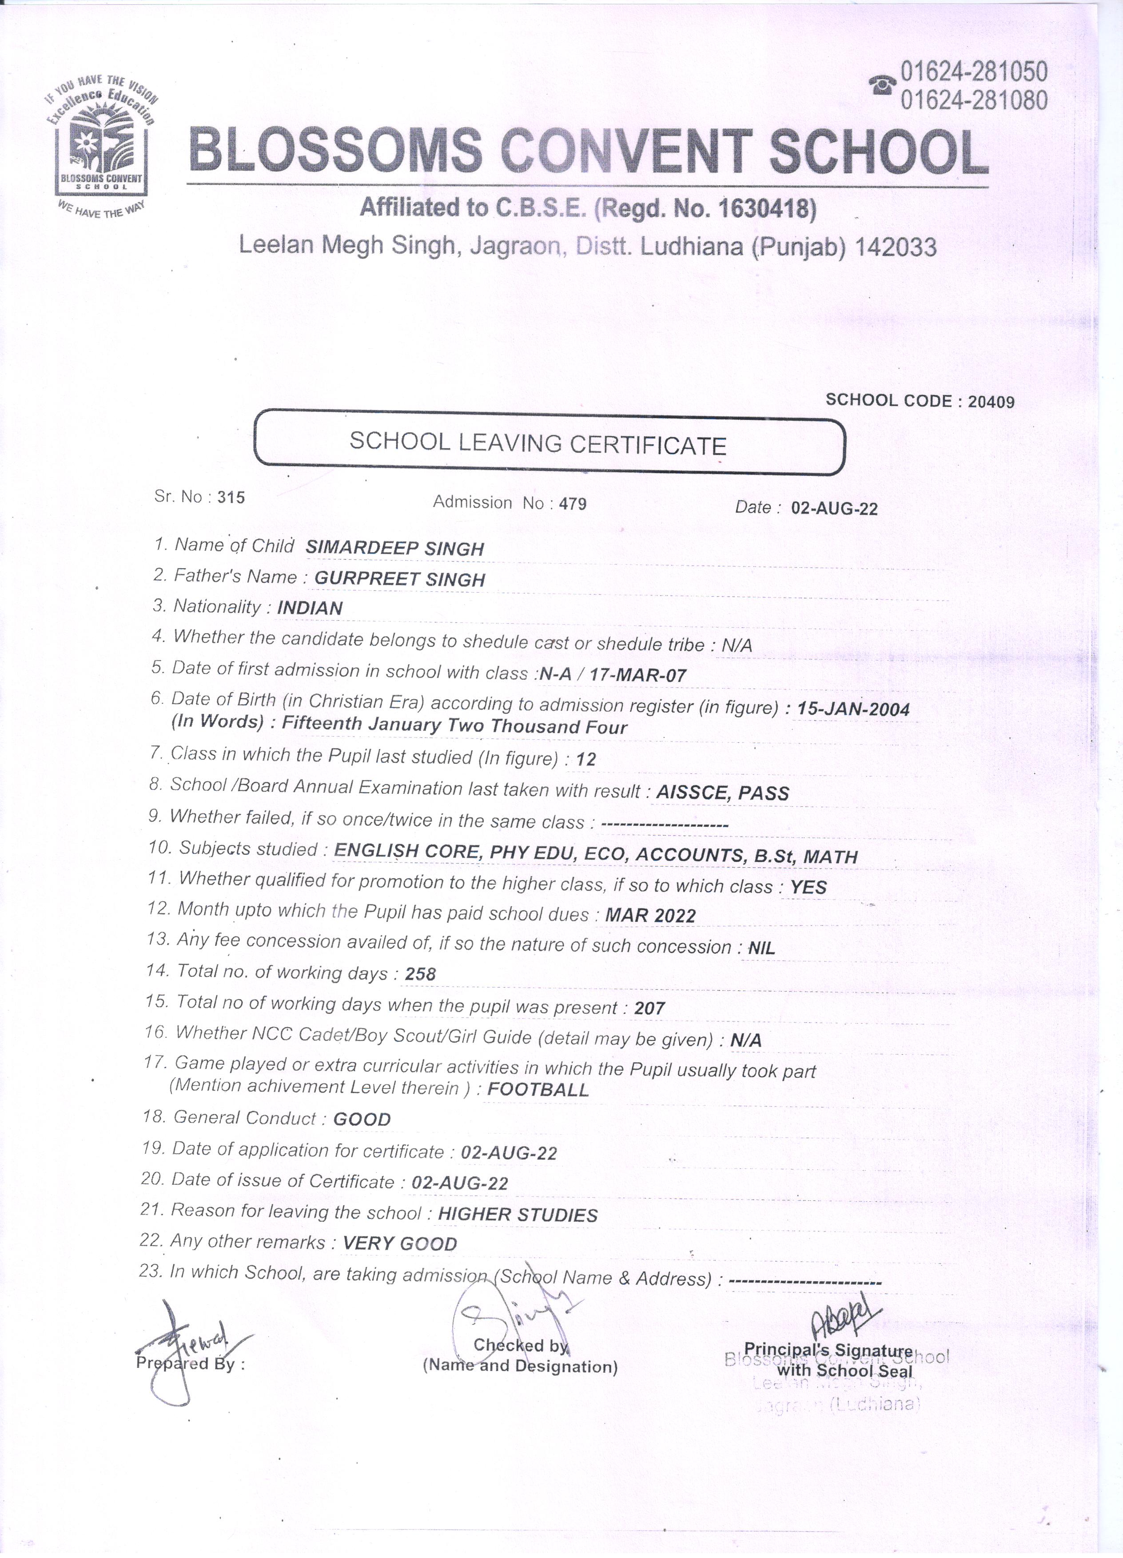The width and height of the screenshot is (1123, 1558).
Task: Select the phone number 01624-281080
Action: pyautogui.click(x=974, y=100)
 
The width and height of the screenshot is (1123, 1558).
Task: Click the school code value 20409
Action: pyautogui.click(x=991, y=402)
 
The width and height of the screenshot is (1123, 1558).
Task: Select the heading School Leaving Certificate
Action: pyautogui.click(x=538, y=444)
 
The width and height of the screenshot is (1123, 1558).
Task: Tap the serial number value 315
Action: pyautogui.click(x=231, y=498)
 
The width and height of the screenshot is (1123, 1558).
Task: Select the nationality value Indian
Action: pyautogui.click(x=310, y=608)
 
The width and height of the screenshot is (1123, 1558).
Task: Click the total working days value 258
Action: pyautogui.click(x=420, y=974)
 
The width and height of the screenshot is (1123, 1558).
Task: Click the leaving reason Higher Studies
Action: pyautogui.click(x=518, y=1215)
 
